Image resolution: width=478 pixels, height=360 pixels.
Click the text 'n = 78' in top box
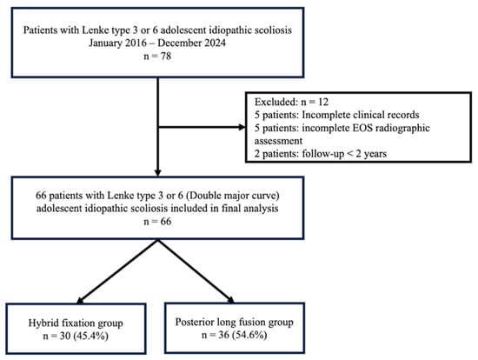click(157, 57)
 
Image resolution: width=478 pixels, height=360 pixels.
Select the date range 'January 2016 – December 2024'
click(157, 43)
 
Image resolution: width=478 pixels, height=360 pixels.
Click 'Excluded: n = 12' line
click(291, 102)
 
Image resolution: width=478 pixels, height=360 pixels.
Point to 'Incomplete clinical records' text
click(361, 115)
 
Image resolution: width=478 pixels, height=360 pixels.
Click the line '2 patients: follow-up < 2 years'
click(321, 153)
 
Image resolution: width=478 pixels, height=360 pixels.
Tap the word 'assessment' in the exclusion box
click(278, 141)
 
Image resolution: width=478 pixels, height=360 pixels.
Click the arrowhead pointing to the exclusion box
click(242, 127)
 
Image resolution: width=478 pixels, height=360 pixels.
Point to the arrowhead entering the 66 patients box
click(157, 173)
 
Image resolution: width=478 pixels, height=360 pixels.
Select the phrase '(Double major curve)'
click(232, 196)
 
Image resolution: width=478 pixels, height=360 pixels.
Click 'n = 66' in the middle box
click(157, 222)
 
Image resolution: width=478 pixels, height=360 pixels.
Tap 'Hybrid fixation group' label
click(76, 323)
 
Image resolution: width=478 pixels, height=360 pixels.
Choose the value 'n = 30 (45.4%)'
click(76, 336)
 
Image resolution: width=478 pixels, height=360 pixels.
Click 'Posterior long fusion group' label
click(234, 322)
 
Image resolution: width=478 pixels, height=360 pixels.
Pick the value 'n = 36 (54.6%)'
click(234, 335)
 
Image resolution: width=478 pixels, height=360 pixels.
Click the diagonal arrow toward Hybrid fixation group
click(117, 271)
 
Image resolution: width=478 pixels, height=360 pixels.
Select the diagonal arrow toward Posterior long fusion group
click(196, 271)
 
